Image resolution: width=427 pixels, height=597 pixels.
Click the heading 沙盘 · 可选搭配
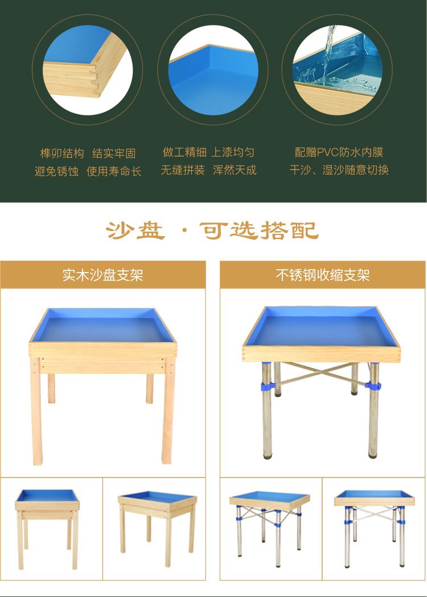[x=212, y=230]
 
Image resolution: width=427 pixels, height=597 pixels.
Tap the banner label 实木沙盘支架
[x=103, y=275]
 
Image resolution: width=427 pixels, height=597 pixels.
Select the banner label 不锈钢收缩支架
[x=323, y=275]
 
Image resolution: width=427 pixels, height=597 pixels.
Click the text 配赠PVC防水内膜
[x=339, y=153]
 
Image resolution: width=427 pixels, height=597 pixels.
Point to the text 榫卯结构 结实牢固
[x=88, y=154]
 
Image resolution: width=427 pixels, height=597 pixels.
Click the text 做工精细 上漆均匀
[x=208, y=153]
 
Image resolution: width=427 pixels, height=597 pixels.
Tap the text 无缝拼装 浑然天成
[x=208, y=170]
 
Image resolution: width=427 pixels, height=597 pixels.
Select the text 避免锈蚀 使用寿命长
[x=88, y=171]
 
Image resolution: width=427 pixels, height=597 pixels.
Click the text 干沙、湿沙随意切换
[x=339, y=170]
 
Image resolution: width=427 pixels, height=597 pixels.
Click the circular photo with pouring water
[x=337, y=70]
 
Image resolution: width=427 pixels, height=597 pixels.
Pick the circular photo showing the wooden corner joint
[x=88, y=70]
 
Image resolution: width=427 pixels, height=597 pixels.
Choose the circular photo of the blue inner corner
[x=213, y=70]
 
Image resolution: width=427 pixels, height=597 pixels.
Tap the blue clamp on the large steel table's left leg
[x=267, y=386]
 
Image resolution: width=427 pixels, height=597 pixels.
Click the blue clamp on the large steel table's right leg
[x=373, y=386]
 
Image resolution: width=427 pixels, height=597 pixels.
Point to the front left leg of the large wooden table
[x=36, y=411]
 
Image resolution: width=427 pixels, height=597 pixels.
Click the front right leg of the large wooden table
[x=168, y=411]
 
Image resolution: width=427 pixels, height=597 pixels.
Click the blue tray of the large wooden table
[x=103, y=326]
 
